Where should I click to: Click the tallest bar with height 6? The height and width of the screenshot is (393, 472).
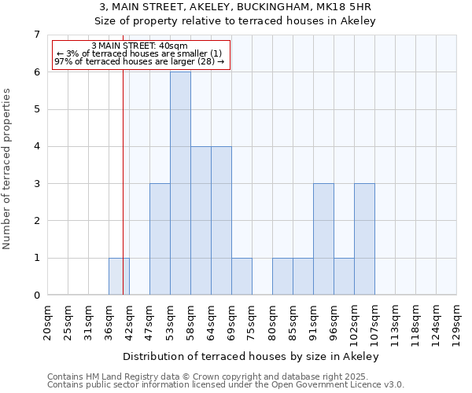pos(180,183)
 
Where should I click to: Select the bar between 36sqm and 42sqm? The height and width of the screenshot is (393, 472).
pos(119,277)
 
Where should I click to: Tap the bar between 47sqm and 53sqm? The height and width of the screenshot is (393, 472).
pos(160,239)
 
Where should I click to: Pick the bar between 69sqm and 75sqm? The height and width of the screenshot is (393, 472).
pos(242,277)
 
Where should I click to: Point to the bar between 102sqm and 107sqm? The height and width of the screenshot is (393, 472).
pos(364,239)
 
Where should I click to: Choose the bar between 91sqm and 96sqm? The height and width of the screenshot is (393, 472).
pos(323,239)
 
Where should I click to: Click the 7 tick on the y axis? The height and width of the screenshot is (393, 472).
pos(36,35)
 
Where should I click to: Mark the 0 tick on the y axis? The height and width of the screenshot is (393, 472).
pos(36,296)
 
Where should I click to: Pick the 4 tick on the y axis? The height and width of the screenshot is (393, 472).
pos(36,146)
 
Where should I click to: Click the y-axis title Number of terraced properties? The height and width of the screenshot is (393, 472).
pos(7,168)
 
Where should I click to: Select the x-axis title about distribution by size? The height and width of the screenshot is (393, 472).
pos(252,356)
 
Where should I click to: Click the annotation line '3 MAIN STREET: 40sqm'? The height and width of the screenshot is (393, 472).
pos(140,46)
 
